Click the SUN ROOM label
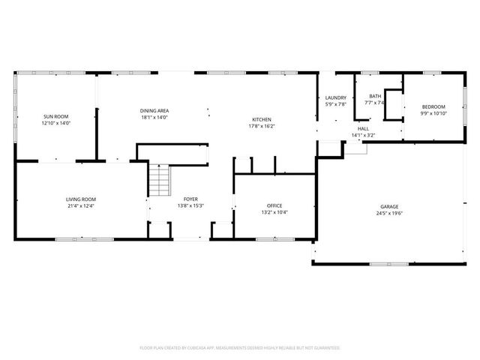pos(56,117)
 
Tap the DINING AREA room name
pos(154,111)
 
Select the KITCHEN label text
pos(261,120)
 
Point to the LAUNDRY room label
pos(335,98)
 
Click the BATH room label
pos(375,96)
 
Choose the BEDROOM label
pos(433,106)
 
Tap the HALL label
pos(363,129)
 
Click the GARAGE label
pos(388,206)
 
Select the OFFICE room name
pos(274,205)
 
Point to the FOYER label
pos(191,199)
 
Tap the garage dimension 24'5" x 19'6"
pos(388,212)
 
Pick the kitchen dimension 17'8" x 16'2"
pos(261,126)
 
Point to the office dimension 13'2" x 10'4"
pos(274,211)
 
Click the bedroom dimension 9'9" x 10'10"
pos(433,113)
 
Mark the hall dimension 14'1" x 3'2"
pos(363,135)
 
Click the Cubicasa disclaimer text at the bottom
pos(240,348)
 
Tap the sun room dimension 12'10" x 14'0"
pos(56,123)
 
